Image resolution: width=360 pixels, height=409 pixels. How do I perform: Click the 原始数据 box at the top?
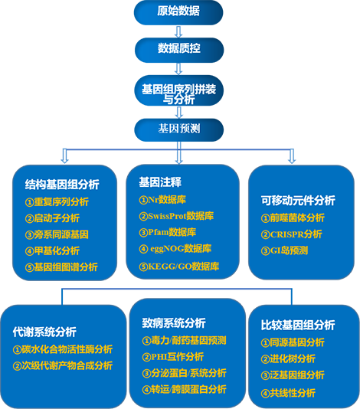pyautogui.click(x=178, y=12)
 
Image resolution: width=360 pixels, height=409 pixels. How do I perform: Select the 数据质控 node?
pyautogui.click(x=179, y=50)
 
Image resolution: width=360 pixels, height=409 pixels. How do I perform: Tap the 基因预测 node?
pyautogui.click(x=179, y=129)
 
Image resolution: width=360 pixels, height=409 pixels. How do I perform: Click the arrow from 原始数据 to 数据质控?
pyautogui.click(x=178, y=31)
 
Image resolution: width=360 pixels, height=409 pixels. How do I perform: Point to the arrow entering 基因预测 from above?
pyautogui.click(x=178, y=113)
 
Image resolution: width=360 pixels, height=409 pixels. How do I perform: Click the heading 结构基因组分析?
pyautogui.click(x=62, y=185)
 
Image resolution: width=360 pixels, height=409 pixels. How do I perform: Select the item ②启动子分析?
pyautogui.click(x=52, y=218)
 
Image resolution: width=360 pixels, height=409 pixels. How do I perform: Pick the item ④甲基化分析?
pyautogui.click(x=52, y=251)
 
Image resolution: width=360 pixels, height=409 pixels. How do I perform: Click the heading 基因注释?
pyautogui.click(x=160, y=182)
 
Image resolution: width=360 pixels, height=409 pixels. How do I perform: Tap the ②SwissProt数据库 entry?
pyautogui.click(x=176, y=216)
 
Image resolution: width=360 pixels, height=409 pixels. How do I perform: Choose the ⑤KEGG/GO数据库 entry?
pyautogui.click(x=179, y=267)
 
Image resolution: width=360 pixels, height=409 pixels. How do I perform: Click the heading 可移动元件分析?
pyautogui.click(x=298, y=201)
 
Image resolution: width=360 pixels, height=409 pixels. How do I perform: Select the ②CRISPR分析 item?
pyautogui.click(x=291, y=234)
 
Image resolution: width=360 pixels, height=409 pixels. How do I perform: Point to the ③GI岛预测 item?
pyautogui.click(x=284, y=250)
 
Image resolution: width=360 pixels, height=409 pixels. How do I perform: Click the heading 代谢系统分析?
pyautogui.click(x=44, y=332)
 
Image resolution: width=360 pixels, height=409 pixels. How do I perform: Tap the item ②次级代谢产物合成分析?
pyautogui.click(x=63, y=365)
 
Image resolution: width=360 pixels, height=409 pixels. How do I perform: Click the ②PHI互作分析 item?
pyautogui.click(x=172, y=357)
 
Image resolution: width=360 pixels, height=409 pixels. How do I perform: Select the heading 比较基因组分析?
pyautogui.click(x=298, y=326)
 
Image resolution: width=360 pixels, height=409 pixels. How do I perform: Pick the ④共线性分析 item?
pyautogui.click(x=288, y=393)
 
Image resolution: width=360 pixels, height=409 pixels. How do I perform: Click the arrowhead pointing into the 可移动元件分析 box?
pyautogui.click(x=292, y=160)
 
